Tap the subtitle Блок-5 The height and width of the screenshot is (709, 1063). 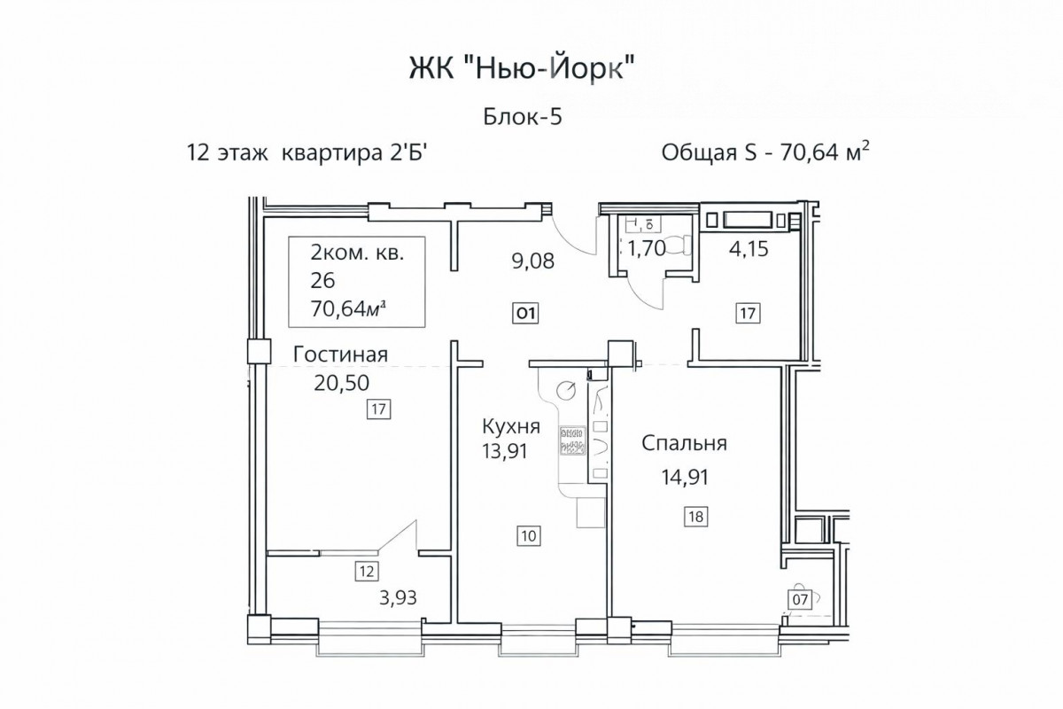point(523,116)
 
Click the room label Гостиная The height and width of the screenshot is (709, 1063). point(340,354)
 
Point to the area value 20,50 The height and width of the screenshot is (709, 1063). point(341,383)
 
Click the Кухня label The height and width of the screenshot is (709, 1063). point(511,426)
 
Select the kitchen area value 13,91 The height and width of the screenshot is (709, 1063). point(505,451)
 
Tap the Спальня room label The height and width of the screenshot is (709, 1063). point(684,443)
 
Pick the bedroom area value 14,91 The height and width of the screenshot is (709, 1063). point(686,477)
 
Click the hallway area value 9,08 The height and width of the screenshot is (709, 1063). point(533,261)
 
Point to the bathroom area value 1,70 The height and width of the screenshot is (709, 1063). point(647,248)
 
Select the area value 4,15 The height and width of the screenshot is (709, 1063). point(749,249)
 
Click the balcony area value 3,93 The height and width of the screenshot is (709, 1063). point(398,597)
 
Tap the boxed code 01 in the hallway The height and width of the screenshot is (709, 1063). point(525,314)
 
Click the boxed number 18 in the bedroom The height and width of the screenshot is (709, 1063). point(695,516)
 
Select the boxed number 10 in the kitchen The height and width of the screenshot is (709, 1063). point(529,536)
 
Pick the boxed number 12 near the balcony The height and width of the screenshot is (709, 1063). point(367,571)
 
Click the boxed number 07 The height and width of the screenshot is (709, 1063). point(800,599)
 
